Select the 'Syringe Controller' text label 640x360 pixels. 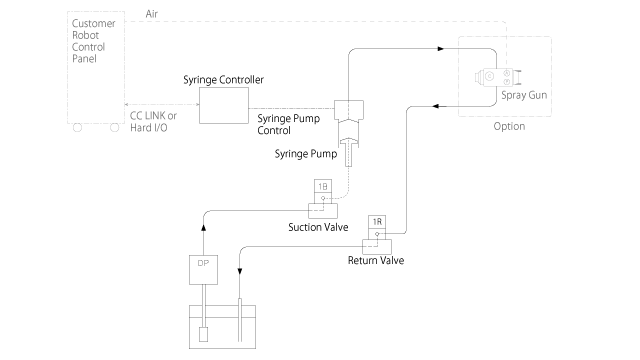[x=223, y=79]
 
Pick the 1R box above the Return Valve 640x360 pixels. [x=377, y=221]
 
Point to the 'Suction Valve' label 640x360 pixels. [x=318, y=226]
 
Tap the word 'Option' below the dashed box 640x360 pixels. [x=509, y=127]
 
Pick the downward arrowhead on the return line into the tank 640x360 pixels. [x=240, y=269]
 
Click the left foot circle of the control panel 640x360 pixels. [x=76, y=126]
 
